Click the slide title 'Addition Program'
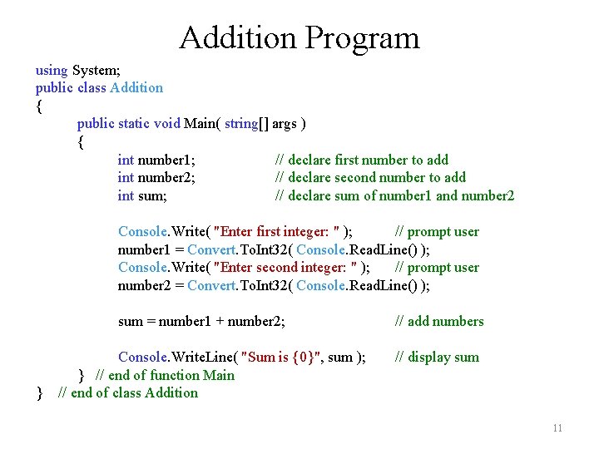coord(299,38)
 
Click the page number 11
coord(557,428)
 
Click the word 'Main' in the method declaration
coord(200,123)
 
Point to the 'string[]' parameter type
coord(246,123)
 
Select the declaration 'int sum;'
coord(142,195)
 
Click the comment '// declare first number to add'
coord(362,160)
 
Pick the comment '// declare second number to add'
coord(370,177)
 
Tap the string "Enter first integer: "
coord(277,231)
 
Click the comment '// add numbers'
coord(438,321)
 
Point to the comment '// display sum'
coord(437,358)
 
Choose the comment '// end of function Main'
coord(166,375)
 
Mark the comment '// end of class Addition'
coord(128,392)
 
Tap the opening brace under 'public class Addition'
coord(39,106)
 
